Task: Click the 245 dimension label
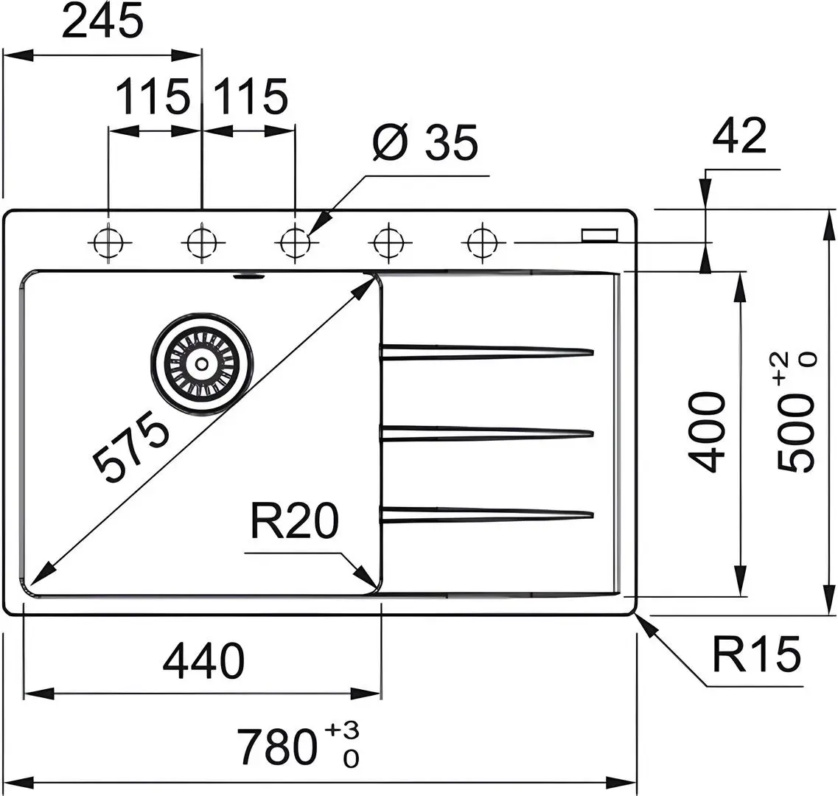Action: tap(102, 21)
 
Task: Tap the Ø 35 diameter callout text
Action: tap(425, 143)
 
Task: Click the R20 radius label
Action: tap(295, 520)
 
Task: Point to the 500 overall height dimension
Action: tap(796, 411)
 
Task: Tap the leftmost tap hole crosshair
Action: tap(108, 242)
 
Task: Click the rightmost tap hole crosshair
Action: tap(483, 242)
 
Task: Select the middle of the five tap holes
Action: tap(296, 242)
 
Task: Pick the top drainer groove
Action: tap(487, 352)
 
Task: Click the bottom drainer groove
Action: tap(487, 514)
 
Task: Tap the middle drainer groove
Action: tap(487, 433)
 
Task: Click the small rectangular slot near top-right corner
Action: tap(600, 234)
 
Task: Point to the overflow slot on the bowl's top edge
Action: tap(249, 276)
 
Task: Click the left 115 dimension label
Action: tap(153, 97)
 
